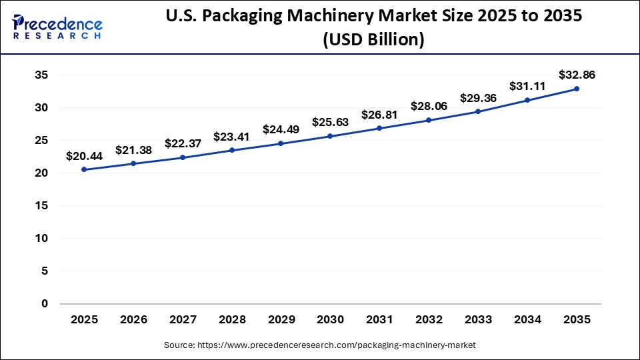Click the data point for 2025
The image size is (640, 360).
(84, 169)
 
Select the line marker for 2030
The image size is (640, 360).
(330, 136)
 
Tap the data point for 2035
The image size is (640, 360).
(577, 89)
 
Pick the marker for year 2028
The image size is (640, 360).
(232, 150)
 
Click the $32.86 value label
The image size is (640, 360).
(577, 75)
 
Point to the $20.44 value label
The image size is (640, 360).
(84, 156)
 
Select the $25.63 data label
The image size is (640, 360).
(330, 122)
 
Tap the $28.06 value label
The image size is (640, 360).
(429, 107)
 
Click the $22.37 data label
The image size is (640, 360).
(183, 143)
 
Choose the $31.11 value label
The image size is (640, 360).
(527, 86)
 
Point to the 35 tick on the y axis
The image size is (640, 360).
(41, 75)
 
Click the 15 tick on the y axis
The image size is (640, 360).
(41, 206)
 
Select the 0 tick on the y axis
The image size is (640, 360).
(45, 304)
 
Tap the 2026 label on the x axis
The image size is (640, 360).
(133, 320)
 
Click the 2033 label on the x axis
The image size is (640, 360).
(478, 320)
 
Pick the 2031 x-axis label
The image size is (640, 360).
(379, 320)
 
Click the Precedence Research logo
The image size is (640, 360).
(57, 27)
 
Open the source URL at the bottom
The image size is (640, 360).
(320, 345)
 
